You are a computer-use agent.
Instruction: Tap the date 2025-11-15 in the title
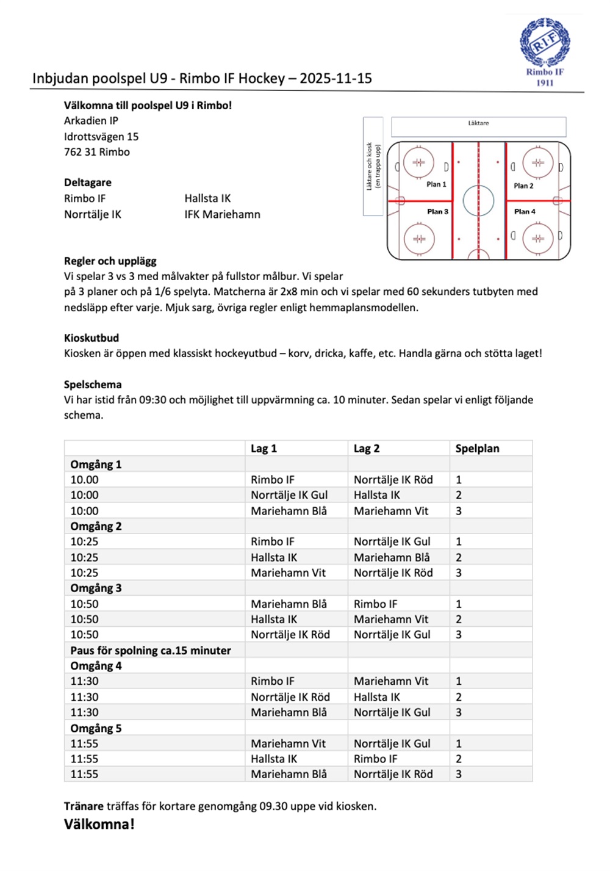pos(335,79)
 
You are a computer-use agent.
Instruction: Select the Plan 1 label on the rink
pos(436,184)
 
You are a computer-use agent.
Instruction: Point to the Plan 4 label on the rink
pos(525,212)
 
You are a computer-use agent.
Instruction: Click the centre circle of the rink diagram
pos(478,201)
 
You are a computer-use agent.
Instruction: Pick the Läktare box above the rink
pos(478,126)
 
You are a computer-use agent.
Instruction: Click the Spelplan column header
pos(477,449)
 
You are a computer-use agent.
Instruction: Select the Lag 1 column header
pos(264,449)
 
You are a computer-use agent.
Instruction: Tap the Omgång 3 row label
pos(96,588)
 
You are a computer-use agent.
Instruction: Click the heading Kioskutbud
pos(91,338)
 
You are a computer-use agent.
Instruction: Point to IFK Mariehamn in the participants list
pos(222,214)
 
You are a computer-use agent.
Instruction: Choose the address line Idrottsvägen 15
pos(101,137)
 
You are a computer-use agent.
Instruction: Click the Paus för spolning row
pos(151,651)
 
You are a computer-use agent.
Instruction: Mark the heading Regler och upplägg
pos(110,261)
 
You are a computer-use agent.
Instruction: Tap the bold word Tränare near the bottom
pos(84,806)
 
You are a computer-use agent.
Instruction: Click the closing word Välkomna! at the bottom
pos(99,825)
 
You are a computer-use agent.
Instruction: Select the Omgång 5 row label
pos(96,728)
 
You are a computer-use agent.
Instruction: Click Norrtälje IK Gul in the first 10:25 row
pos(392,541)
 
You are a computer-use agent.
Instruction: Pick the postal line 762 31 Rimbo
pos(97,152)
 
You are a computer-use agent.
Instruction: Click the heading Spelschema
pos(93,385)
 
